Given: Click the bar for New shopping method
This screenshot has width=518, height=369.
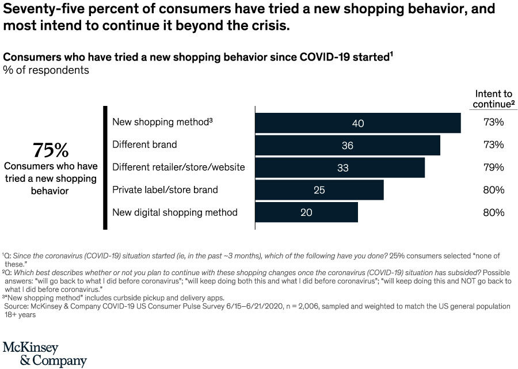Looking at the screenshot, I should tap(357, 123).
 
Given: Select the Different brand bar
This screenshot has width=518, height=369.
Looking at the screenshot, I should tap(347, 145).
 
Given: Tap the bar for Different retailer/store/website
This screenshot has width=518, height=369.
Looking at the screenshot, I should tap(340, 168).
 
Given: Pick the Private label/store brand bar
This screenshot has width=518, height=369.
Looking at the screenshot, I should tap(319, 190).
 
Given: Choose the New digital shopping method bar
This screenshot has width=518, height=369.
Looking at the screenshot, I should tap(306, 212).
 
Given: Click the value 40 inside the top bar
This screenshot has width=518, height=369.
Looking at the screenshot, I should tap(357, 123).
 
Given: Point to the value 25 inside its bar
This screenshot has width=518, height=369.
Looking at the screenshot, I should tap(319, 190).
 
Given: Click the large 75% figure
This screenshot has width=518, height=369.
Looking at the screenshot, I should tap(51, 150).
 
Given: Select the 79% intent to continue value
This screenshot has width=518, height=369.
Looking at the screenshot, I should tap(493, 168).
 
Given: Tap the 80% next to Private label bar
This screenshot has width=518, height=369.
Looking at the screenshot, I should tap(493, 190).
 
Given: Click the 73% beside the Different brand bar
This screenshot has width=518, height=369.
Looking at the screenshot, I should tap(493, 145).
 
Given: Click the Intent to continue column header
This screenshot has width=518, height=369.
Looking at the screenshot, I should tap(493, 99).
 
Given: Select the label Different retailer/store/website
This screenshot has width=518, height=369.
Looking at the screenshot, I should tap(178, 168).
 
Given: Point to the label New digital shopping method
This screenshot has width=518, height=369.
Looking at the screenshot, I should tap(174, 212).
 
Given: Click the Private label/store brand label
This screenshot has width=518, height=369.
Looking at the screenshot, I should tap(165, 190).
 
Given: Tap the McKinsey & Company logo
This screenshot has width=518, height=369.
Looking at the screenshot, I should tap(44, 353).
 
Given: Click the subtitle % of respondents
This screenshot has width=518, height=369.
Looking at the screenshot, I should tap(46, 70).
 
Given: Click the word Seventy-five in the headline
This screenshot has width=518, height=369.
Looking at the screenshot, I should tap(41, 10).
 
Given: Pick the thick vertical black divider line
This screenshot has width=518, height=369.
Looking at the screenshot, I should tap(105, 168).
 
